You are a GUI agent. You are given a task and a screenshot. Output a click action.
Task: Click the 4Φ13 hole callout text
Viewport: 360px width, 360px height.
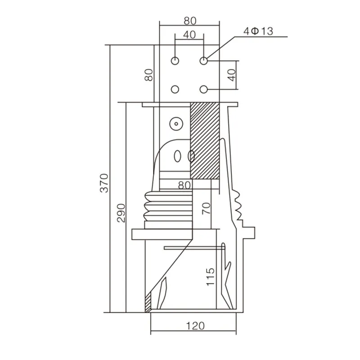pos(258,31)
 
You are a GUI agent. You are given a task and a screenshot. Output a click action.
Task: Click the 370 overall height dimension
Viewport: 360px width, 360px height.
pos(104,182)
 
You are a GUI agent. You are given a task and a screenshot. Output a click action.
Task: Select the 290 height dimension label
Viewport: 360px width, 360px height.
pos(121,211)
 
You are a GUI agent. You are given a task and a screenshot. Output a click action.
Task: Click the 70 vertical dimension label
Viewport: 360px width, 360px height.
pos(206,208)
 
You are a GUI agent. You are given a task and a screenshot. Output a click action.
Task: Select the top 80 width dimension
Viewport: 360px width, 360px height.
pos(189,20)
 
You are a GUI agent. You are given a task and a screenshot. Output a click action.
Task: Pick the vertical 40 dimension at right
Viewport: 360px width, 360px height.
pos(231,75)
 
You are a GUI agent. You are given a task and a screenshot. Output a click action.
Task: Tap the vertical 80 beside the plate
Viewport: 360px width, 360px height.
pos(149,75)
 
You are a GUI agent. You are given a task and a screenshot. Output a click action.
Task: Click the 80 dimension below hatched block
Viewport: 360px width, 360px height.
pos(185,184)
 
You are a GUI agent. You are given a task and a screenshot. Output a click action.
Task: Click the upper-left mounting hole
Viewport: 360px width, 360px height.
pos(175,60)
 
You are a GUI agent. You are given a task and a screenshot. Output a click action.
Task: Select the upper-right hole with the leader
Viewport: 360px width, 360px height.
pos(204,60)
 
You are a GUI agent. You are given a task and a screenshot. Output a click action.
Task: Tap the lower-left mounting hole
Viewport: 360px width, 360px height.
pos(175,90)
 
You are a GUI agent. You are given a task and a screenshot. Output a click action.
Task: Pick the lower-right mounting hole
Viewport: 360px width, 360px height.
pos(204,90)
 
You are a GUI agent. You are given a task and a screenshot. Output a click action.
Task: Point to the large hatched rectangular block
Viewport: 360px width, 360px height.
pos(204,139)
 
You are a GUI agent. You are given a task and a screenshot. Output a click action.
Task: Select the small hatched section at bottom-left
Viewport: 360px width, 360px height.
pos(148,304)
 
